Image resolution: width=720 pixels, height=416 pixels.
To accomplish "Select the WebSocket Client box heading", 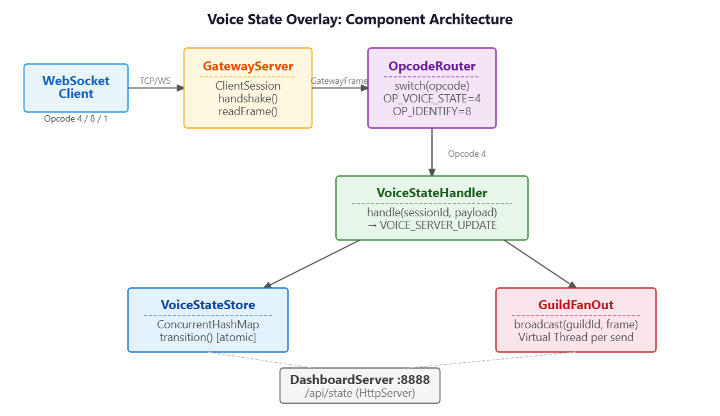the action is click(x=76, y=87).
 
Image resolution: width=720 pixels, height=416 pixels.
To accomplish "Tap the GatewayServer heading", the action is click(x=248, y=66).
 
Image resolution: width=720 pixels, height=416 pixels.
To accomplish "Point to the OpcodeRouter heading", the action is click(x=432, y=66).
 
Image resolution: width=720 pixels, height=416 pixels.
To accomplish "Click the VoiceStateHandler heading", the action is click(x=432, y=193).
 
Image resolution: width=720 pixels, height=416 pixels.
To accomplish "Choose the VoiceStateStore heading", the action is click(x=208, y=305).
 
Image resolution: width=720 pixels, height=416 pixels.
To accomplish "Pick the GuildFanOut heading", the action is click(x=576, y=305).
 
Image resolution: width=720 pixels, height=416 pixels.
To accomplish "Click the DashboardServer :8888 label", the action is click(x=360, y=380).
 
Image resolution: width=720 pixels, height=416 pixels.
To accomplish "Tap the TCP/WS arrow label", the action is click(x=156, y=81).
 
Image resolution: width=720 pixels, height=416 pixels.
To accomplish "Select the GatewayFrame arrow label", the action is click(x=339, y=81).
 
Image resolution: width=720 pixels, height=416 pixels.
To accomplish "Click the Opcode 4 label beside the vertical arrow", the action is click(x=467, y=154).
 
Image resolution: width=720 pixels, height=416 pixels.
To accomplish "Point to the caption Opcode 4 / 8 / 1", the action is click(x=76, y=118).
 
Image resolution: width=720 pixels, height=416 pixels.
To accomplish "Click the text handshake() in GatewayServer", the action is click(x=248, y=99).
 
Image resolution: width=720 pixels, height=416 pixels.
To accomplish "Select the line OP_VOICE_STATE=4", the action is click(x=432, y=99).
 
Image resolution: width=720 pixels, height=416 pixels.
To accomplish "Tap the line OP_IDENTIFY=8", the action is click(x=432, y=111).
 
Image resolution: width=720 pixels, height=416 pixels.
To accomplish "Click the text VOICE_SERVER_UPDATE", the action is click(x=438, y=225).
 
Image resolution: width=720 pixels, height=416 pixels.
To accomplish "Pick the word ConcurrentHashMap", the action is click(x=208, y=324).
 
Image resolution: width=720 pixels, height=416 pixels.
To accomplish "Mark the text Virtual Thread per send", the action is click(x=576, y=337).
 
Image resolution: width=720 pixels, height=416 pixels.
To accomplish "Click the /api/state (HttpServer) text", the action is click(x=360, y=393).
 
